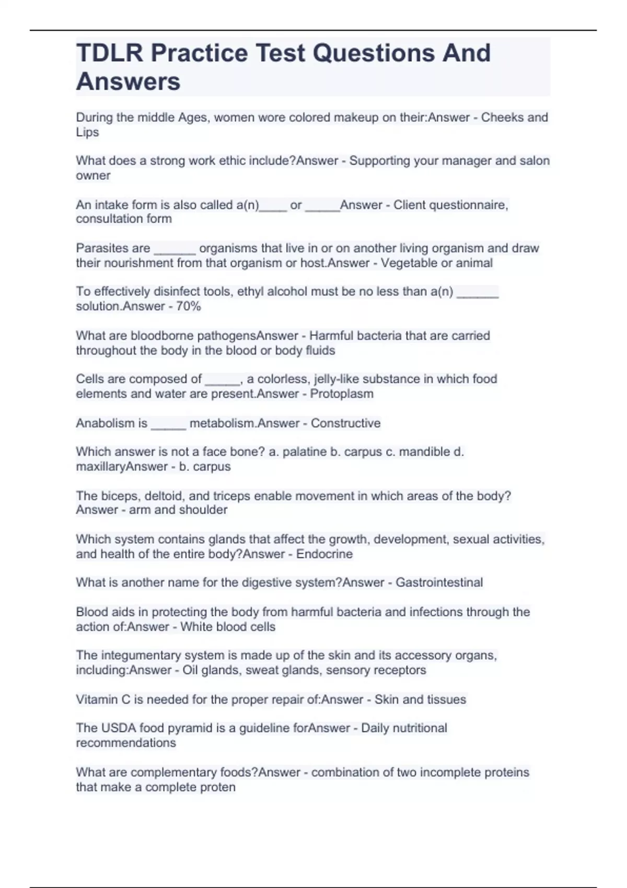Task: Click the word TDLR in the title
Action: pos(109,53)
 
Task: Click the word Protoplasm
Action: pos(342,393)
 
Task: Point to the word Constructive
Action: pos(345,423)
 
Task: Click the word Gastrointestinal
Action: pos(439,582)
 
